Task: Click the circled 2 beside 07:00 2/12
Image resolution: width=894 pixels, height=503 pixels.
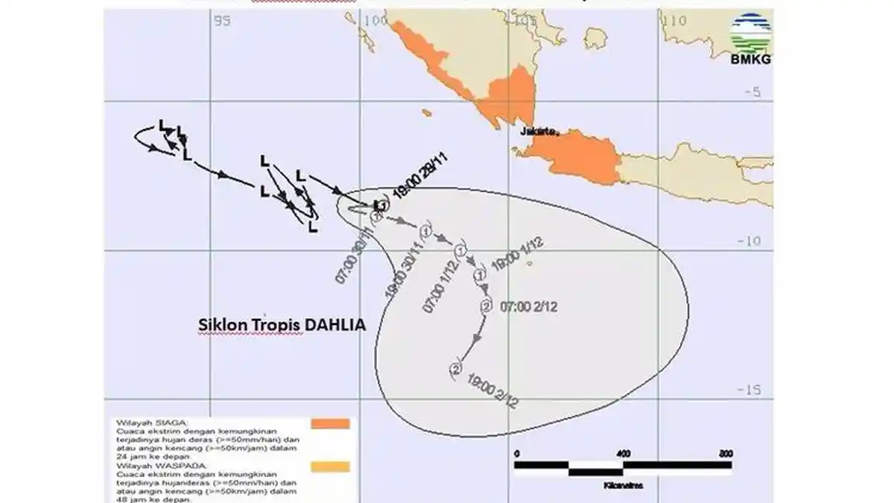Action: pos(486,306)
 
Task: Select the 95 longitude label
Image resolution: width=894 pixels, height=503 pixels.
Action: pos(221,21)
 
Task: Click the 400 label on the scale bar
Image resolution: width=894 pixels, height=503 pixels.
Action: pos(623,454)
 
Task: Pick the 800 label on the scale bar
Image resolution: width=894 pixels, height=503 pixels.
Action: pos(725,454)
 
